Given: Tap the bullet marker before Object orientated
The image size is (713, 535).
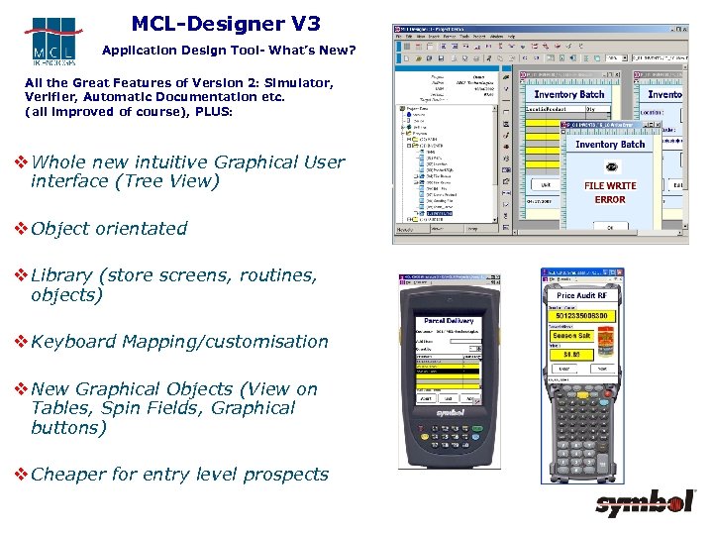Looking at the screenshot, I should [x=19, y=228].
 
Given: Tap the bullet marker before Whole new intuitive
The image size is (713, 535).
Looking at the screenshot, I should [x=19, y=162].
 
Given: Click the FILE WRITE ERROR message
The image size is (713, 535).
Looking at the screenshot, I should [x=610, y=192].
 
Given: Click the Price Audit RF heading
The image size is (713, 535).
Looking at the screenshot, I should [x=582, y=295].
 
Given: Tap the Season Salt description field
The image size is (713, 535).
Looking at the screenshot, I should [x=570, y=336].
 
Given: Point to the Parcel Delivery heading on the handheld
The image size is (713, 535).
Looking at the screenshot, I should [x=449, y=321].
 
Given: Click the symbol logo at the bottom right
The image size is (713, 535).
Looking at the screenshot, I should [x=645, y=504].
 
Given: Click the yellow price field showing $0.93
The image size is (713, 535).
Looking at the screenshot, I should [x=571, y=354].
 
